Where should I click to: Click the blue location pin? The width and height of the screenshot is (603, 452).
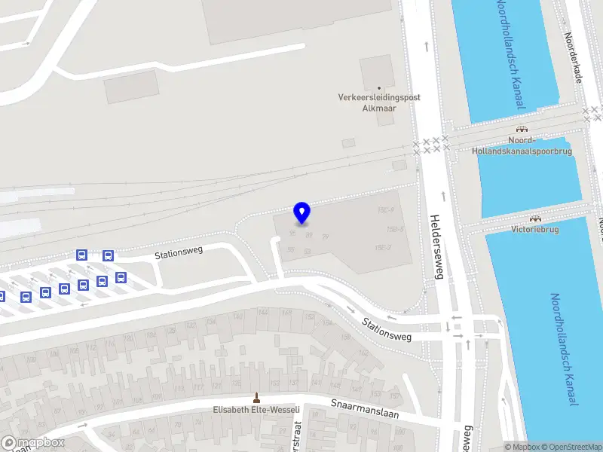click(x=301, y=213)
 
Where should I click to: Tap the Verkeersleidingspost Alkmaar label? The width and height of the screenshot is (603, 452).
click(x=379, y=102)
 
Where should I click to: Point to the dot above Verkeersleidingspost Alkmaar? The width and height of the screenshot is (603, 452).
click(x=379, y=88)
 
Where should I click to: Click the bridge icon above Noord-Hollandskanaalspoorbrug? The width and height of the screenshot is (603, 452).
click(x=521, y=129)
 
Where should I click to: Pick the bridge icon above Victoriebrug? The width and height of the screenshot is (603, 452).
click(x=534, y=218)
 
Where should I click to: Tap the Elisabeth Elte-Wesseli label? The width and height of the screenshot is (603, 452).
click(x=256, y=411)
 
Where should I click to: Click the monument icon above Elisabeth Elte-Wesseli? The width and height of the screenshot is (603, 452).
click(x=256, y=398)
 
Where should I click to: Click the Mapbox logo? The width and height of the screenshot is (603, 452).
click(x=33, y=442)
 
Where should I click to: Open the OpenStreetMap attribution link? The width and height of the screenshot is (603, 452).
click(x=569, y=447)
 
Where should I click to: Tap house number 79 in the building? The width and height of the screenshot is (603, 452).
click(x=326, y=237)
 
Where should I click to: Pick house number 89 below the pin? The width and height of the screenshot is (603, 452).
click(x=308, y=235)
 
